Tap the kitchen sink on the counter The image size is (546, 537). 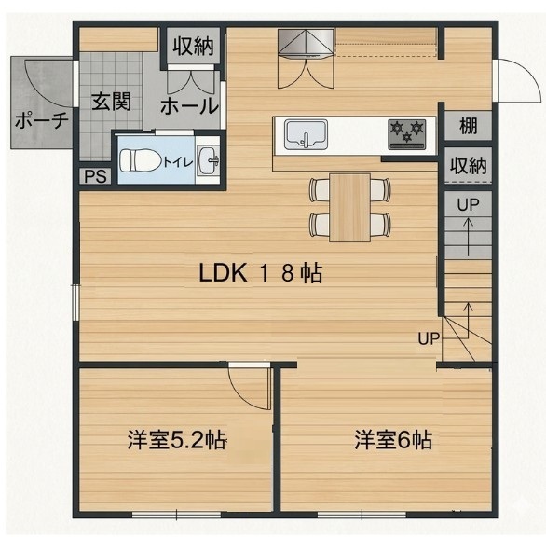(x=307, y=134)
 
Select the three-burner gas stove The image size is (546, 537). (x=407, y=134)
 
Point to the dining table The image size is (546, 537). (x=349, y=207)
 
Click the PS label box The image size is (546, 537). (x=95, y=176)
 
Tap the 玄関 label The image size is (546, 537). (x=111, y=102)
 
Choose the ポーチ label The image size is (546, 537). (x=41, y=120)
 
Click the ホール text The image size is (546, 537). (x=189, y=106)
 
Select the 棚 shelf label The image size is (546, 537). (x=468, y=125)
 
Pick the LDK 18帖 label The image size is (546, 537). (x=261, y=273)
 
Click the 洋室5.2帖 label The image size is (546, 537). (x=176, y=440)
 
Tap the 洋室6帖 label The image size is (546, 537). (x=393, y=440)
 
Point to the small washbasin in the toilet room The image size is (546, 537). (x=208, y=160)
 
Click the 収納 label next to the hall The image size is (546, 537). (x=193, y=46)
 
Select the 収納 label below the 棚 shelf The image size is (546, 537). (x=468, y=165)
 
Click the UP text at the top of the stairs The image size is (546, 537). (x=468, y=205)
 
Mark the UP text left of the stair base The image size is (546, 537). (x=429, y=338)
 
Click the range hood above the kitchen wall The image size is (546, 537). (x=306, y=43)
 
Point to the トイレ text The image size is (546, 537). (x=178, y=162)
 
